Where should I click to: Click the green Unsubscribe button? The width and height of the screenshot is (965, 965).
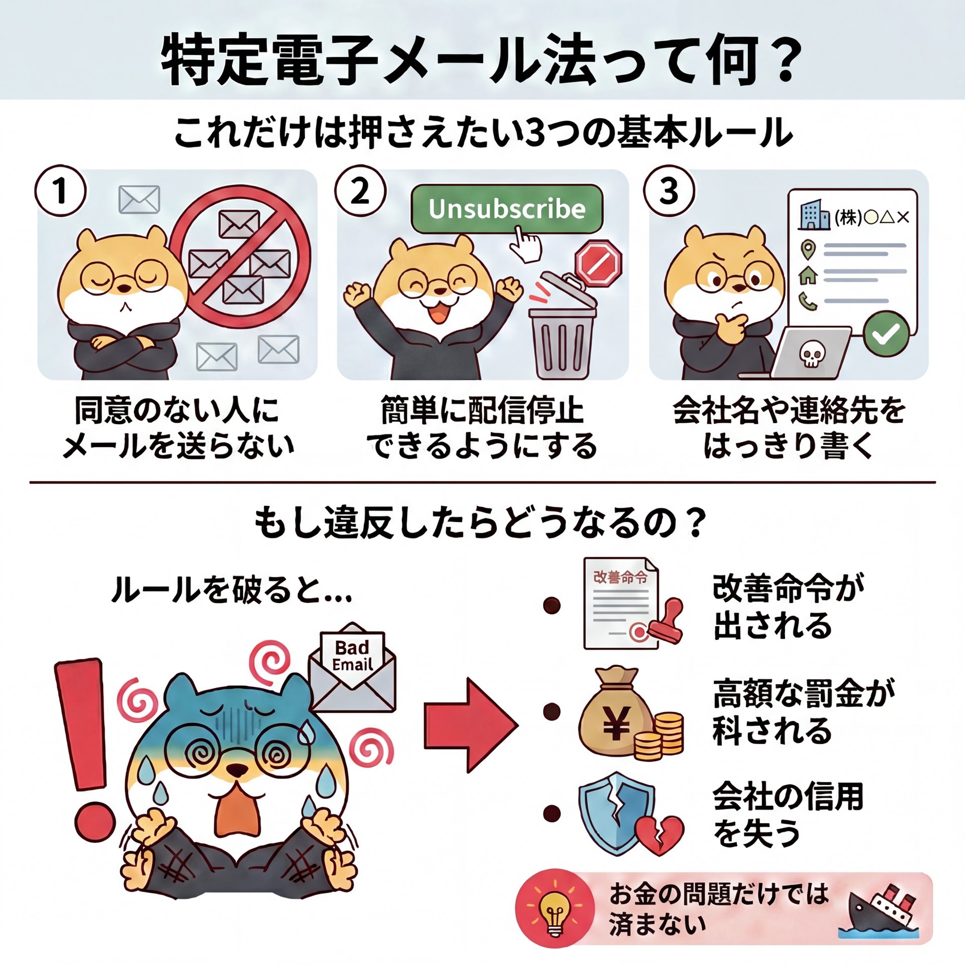[507, 209]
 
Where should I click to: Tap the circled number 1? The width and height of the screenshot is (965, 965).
[60, 191]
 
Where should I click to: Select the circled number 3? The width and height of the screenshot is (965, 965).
[669, 191]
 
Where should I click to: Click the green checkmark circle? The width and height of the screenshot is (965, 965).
[886, 333]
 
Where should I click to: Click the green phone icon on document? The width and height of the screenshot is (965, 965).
[808, 301]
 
